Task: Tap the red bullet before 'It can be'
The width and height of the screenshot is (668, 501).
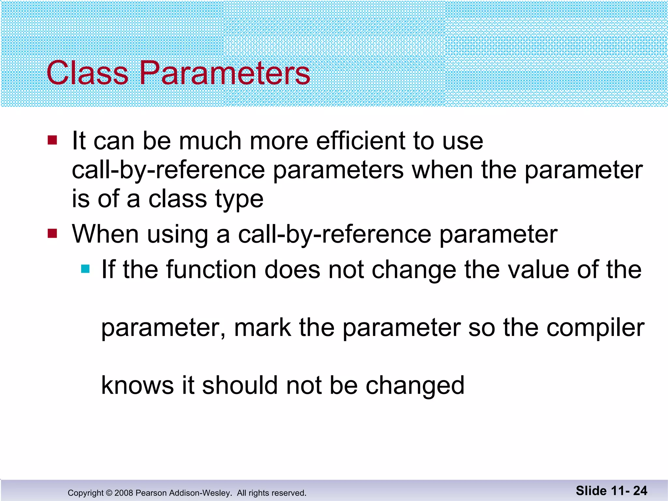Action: pyautogui.click(x=52, y=140)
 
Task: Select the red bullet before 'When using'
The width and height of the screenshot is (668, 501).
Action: pyautogui.click(x=52, y=234)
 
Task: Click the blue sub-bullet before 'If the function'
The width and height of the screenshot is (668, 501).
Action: pyautogui.click(x=85, y=269)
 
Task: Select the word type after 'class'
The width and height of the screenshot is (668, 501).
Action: pyautogui.click(x=239, y=200)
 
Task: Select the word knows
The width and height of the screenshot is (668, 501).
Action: pyautogui.click(x=137, y=386)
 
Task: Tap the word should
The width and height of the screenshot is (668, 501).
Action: pyautogui.click(x=240, y=386)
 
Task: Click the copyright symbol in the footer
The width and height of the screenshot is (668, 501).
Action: pyautogui.click(x=109, y=493)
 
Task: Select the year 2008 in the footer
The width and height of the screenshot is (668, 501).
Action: pyautogui.click(x=124, y=493)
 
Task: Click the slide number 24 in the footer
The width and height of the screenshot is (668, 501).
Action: pyautogui.click(x=640, y=491)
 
